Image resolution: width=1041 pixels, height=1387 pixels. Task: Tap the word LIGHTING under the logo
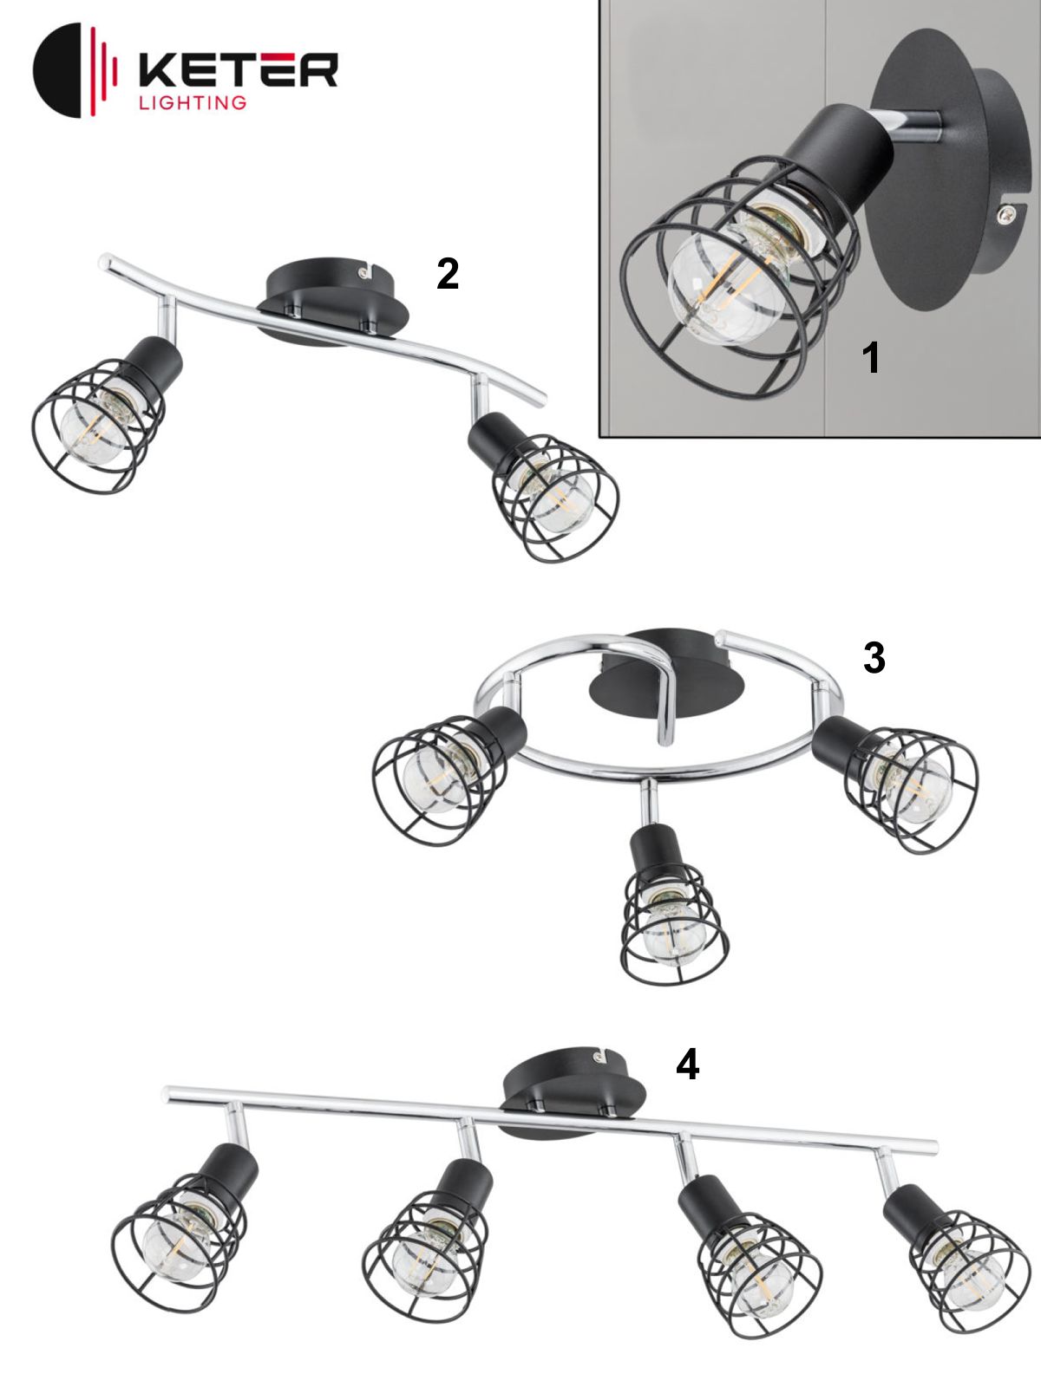(x=192, y=103)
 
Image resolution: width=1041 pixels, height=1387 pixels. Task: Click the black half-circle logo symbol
(x=57, y=70)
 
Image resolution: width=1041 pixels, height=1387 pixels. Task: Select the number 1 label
(x=871, y=358)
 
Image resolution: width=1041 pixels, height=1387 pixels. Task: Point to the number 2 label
(x=448, y=274)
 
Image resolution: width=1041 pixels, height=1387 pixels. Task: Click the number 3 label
(x=874, y=658)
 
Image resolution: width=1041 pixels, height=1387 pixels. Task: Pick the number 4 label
(x=688, y=1065)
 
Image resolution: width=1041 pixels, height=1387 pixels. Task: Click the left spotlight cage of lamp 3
(x=440, y=780)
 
